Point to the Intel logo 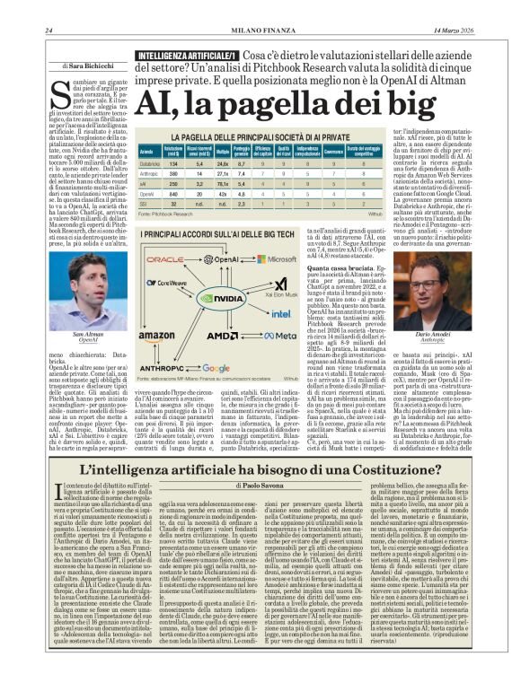(x=279, y=314)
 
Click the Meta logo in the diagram (x=280, y=335)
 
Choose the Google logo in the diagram (x=216, y=368)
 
